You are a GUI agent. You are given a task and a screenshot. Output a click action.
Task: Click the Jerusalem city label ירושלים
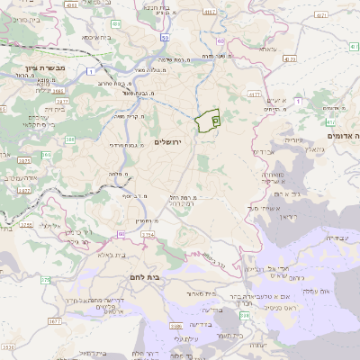click(x=168, y=142)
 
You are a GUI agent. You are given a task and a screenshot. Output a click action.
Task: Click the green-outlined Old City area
click(x=208, y=120)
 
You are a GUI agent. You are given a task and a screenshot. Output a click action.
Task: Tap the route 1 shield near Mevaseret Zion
click(x=91, y=69)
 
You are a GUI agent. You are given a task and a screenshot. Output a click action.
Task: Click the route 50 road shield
click(x=166, y=39)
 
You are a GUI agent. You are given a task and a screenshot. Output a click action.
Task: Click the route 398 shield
click(x=245, y=313)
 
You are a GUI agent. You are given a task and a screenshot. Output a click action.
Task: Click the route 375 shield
click(x=45, y=281)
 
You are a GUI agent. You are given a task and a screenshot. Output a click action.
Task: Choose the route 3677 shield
click(x=55, y=319)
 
